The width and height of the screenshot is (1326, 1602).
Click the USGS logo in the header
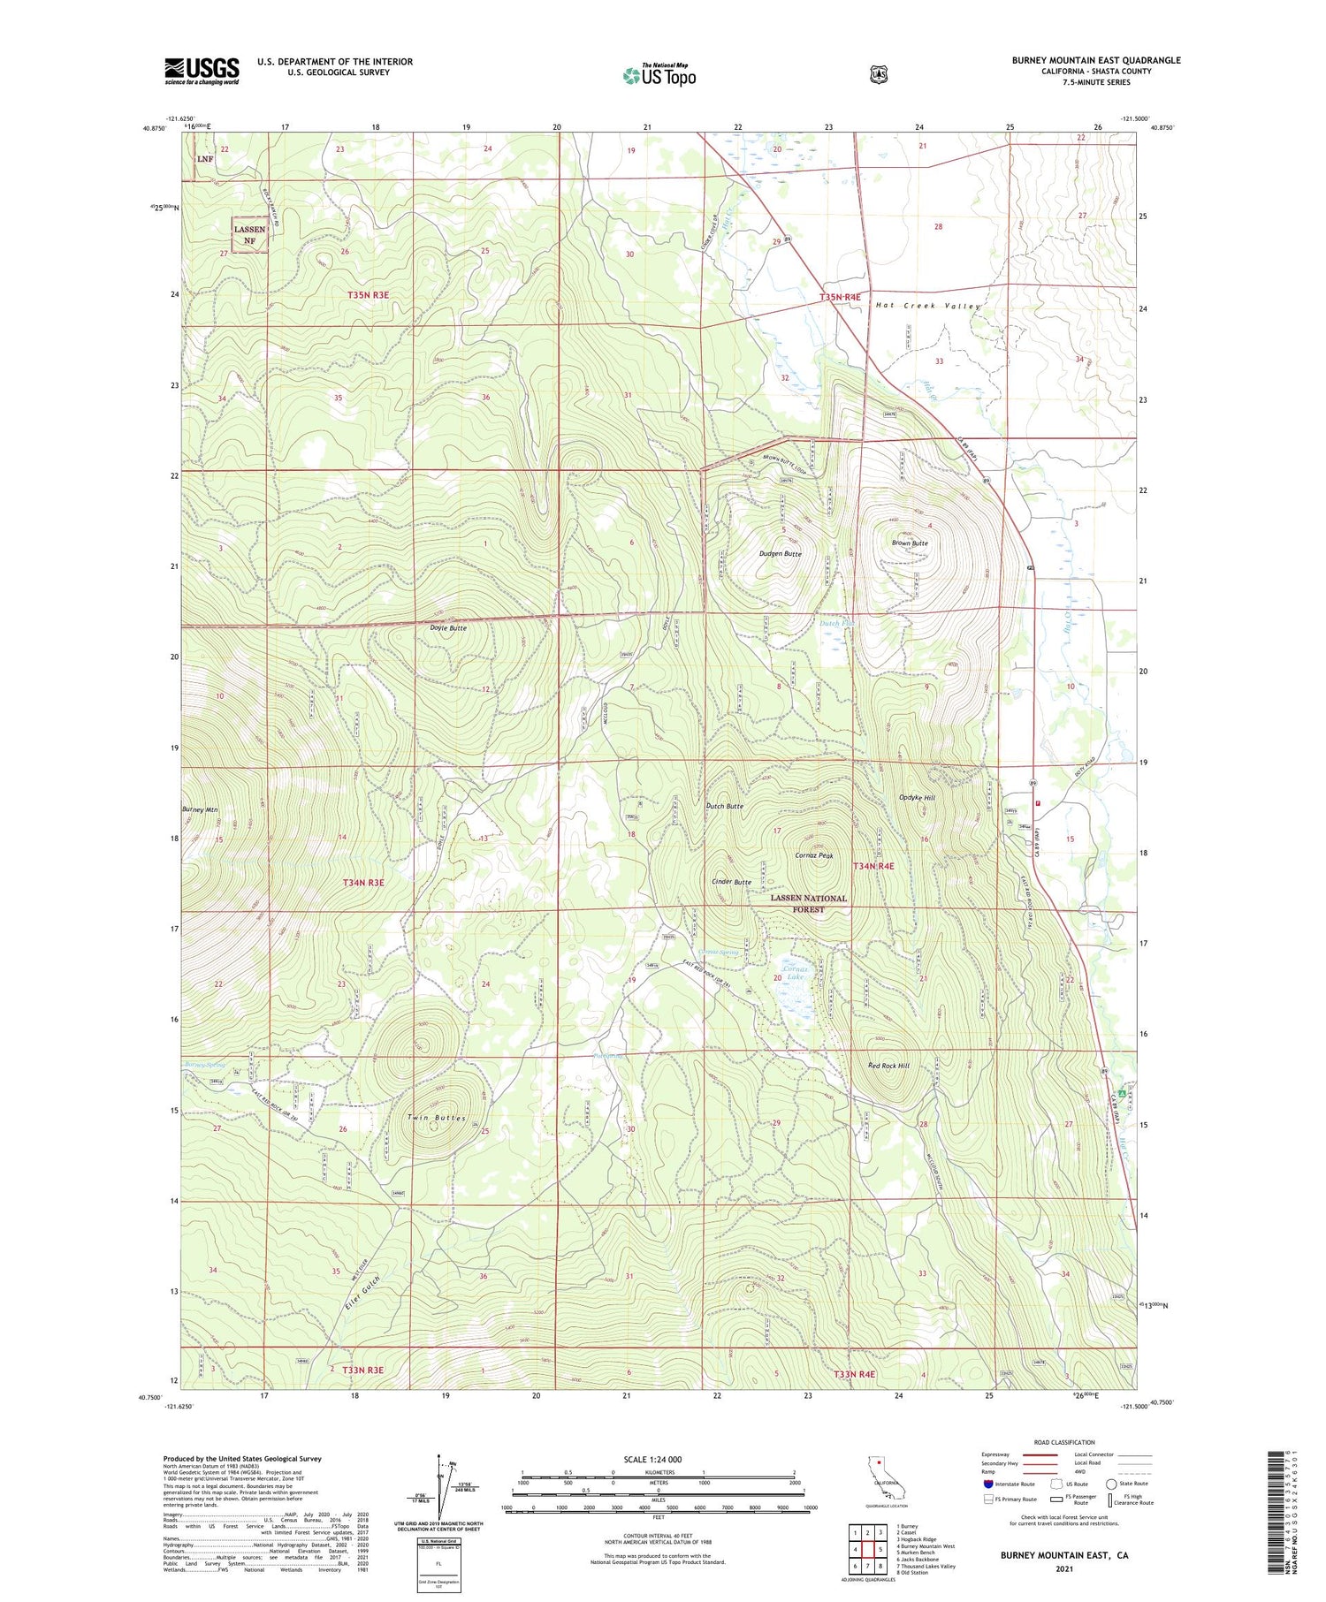coord(202,71)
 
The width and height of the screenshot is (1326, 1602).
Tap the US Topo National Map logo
coord(659,75)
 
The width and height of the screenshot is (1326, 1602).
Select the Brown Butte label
coord(910,543)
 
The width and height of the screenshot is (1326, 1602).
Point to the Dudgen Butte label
coord(780,553)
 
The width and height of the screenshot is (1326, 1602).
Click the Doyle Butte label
coord(448,628)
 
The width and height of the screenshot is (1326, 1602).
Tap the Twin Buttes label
coord(436,1118)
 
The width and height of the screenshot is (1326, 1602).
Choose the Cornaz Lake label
coord(795,974)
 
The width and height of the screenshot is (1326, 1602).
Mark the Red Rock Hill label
coord(889,1066)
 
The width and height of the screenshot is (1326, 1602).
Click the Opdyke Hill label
coord(917,797)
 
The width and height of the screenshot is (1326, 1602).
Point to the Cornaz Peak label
coord(814,855)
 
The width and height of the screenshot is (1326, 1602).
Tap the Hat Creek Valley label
coord(928,306)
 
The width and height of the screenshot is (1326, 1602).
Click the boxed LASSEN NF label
coord(249,234)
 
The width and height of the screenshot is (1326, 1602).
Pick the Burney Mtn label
coord(200,809)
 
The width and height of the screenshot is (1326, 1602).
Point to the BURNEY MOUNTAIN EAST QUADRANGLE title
coord(1096,60)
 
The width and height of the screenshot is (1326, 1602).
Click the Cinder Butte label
coord(731,882)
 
